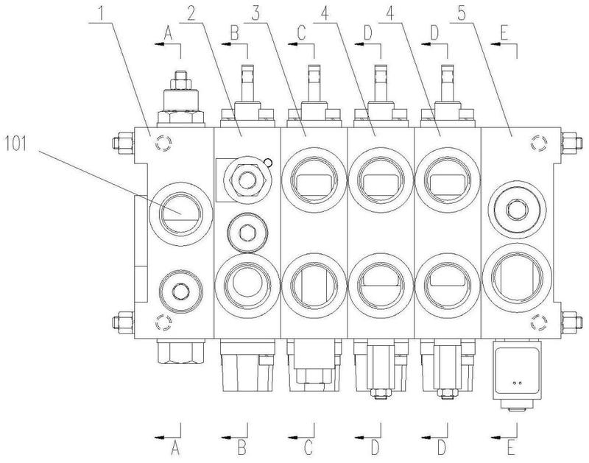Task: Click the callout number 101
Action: (15, 144)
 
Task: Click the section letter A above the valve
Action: (168, 35)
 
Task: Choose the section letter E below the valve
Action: (509, 448)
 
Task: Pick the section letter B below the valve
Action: (242, 448)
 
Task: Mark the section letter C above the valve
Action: (301, 35)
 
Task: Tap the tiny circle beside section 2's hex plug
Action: (268, 162)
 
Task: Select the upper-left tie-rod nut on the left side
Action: (123, 143)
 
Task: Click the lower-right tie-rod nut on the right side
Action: (572, 322)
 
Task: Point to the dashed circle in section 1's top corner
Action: (163, 143)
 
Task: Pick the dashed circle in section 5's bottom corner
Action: (539, 322)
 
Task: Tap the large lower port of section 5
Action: (518, 278)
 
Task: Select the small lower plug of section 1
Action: (180, 291)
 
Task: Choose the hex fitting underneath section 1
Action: (181, 351)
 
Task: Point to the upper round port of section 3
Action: (314, 180)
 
